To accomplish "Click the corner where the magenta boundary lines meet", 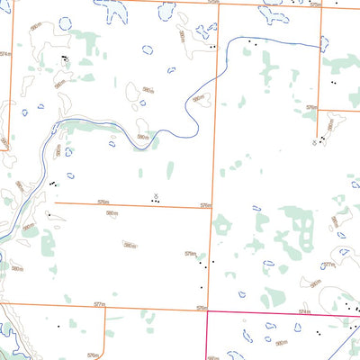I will [x=207, y=312].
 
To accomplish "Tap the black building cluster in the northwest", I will [x=64, y=59].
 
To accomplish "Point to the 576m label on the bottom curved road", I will [x=93, y=355].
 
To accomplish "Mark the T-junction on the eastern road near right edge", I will [x=321, y=111].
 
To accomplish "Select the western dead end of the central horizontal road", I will [x=55, y=202].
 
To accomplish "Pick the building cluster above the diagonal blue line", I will [x=351, y=308].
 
